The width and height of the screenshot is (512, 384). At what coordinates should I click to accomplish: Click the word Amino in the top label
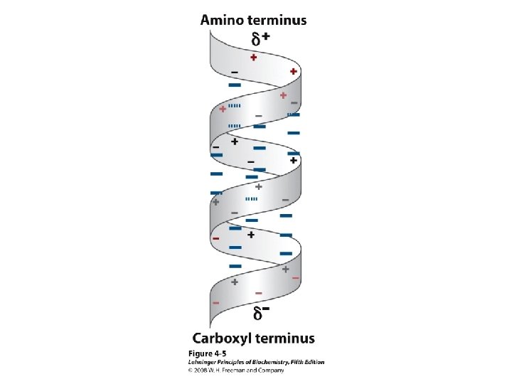click(x=221, y=21)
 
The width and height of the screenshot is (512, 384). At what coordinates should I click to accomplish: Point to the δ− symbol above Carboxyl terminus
click(x=261, y=312)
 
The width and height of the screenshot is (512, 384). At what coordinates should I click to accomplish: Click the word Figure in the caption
click(x=200, y=353)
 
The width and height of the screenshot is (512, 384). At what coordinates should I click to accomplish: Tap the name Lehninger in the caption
click(x=203, y=362)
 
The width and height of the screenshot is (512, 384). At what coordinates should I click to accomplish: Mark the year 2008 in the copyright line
click(x=200, y=370)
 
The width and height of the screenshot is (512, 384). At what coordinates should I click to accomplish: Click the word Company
click(x=271, y=370)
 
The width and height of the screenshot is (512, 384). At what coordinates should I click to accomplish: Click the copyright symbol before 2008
click(x=191, y=370)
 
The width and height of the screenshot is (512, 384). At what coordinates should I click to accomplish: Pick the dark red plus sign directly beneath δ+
click(x=254, y=58)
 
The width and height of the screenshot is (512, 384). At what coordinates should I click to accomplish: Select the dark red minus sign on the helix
click(x=216, y=239)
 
